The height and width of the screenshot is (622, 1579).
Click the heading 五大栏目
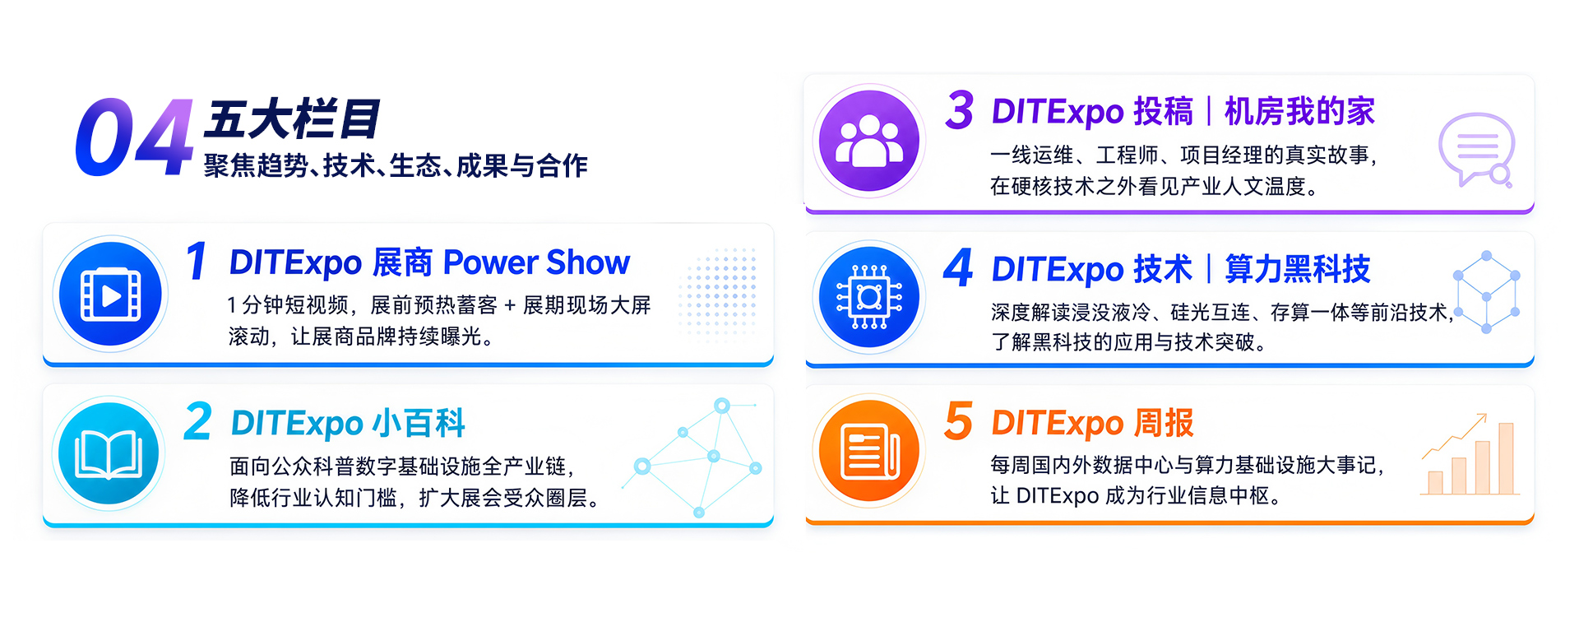[292, 119]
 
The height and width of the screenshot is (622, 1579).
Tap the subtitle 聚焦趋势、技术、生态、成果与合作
[396, 165]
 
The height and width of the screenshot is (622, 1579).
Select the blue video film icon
[110, 294]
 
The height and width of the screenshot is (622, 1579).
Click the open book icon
[109, 454]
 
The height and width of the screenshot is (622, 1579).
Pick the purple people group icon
[868, 141]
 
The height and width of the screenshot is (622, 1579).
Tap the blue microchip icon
[868, 297]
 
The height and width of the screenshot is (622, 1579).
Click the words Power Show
[536, 263]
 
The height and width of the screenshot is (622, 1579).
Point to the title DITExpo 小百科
[348, 424]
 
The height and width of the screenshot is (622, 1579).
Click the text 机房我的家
[1299, 112]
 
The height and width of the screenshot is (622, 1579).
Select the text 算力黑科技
[1298, 269]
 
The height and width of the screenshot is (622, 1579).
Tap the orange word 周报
[1163, 423]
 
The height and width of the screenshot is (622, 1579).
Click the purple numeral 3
[960, 110]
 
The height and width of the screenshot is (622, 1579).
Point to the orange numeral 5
[959, 420]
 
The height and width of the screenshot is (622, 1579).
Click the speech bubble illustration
[1476, 149]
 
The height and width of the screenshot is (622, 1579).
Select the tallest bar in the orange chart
[1506, 458]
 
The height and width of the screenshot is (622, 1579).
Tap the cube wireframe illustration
[1487, 292]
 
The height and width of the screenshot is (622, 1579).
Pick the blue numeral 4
[958, 267]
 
